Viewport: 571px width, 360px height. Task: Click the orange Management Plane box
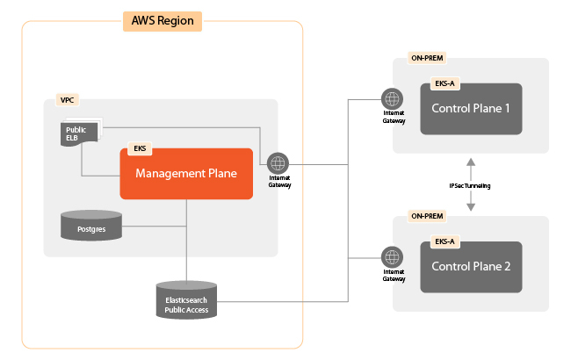186,174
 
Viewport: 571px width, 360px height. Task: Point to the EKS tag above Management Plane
140,148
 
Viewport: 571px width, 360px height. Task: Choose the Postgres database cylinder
91,226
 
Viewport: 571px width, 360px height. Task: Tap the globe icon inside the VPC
278,163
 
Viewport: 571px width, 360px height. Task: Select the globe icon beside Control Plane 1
392,98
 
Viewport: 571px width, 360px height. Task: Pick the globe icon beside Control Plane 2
392,257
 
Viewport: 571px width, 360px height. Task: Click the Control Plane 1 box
471,109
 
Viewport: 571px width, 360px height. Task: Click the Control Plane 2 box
471,267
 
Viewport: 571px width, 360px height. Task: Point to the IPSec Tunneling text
471,185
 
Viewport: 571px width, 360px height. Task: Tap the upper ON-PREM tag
428,59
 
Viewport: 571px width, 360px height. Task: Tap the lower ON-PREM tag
428,216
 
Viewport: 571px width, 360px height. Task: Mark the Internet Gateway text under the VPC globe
278,182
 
